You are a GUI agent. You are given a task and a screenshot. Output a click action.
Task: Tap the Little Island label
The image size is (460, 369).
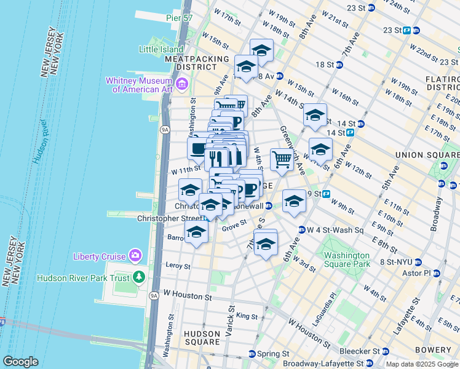click(161, 49)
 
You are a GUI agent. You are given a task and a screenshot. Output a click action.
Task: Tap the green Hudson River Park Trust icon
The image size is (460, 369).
click(140, 277)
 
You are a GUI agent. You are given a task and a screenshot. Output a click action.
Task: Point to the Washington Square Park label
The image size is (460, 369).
click(347, 259)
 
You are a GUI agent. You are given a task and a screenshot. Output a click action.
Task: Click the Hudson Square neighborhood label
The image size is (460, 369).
click(202, 337)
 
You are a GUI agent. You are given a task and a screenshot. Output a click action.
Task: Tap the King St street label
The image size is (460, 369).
click(247, 316)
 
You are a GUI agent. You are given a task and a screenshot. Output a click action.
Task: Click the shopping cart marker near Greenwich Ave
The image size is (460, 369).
click(282, 160)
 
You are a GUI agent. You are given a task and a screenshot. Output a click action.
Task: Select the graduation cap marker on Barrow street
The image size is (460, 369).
click(196, 232)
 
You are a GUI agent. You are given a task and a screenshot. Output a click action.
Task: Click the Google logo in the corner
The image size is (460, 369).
click(20, 362)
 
